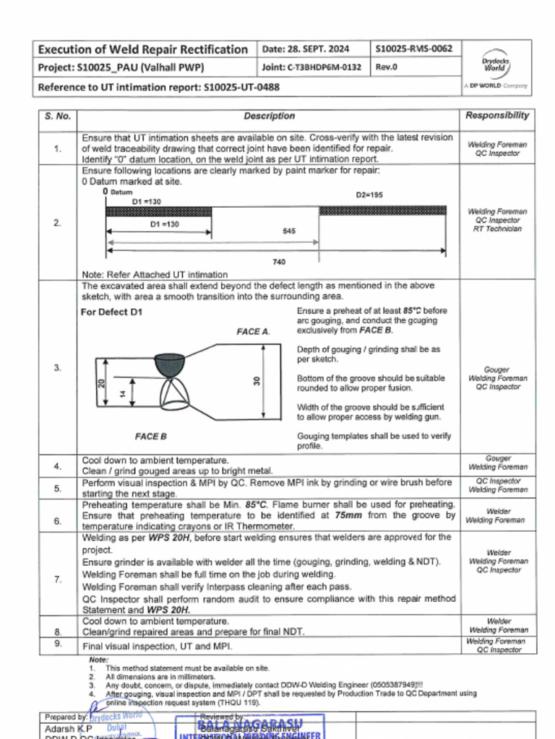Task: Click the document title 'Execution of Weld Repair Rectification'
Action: tap(142, 49)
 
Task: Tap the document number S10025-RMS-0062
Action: tap(415, 49)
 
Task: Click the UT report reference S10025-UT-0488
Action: tap(241, 87)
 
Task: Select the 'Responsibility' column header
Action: tap(496, 115)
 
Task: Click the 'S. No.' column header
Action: tap(58, 116)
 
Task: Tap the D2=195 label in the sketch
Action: tap(369, 196)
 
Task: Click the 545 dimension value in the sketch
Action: tap(288, 232)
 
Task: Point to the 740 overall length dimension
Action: tap(278, 262)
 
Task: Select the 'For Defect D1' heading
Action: tap(112, 312)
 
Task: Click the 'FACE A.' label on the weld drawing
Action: tap(253, 331)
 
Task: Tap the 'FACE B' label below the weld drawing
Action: tap(151, 437)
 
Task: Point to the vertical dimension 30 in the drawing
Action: tap(256, 380)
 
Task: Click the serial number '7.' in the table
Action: tap(58, 579)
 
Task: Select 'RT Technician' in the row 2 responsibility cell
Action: tap(497, 229)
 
